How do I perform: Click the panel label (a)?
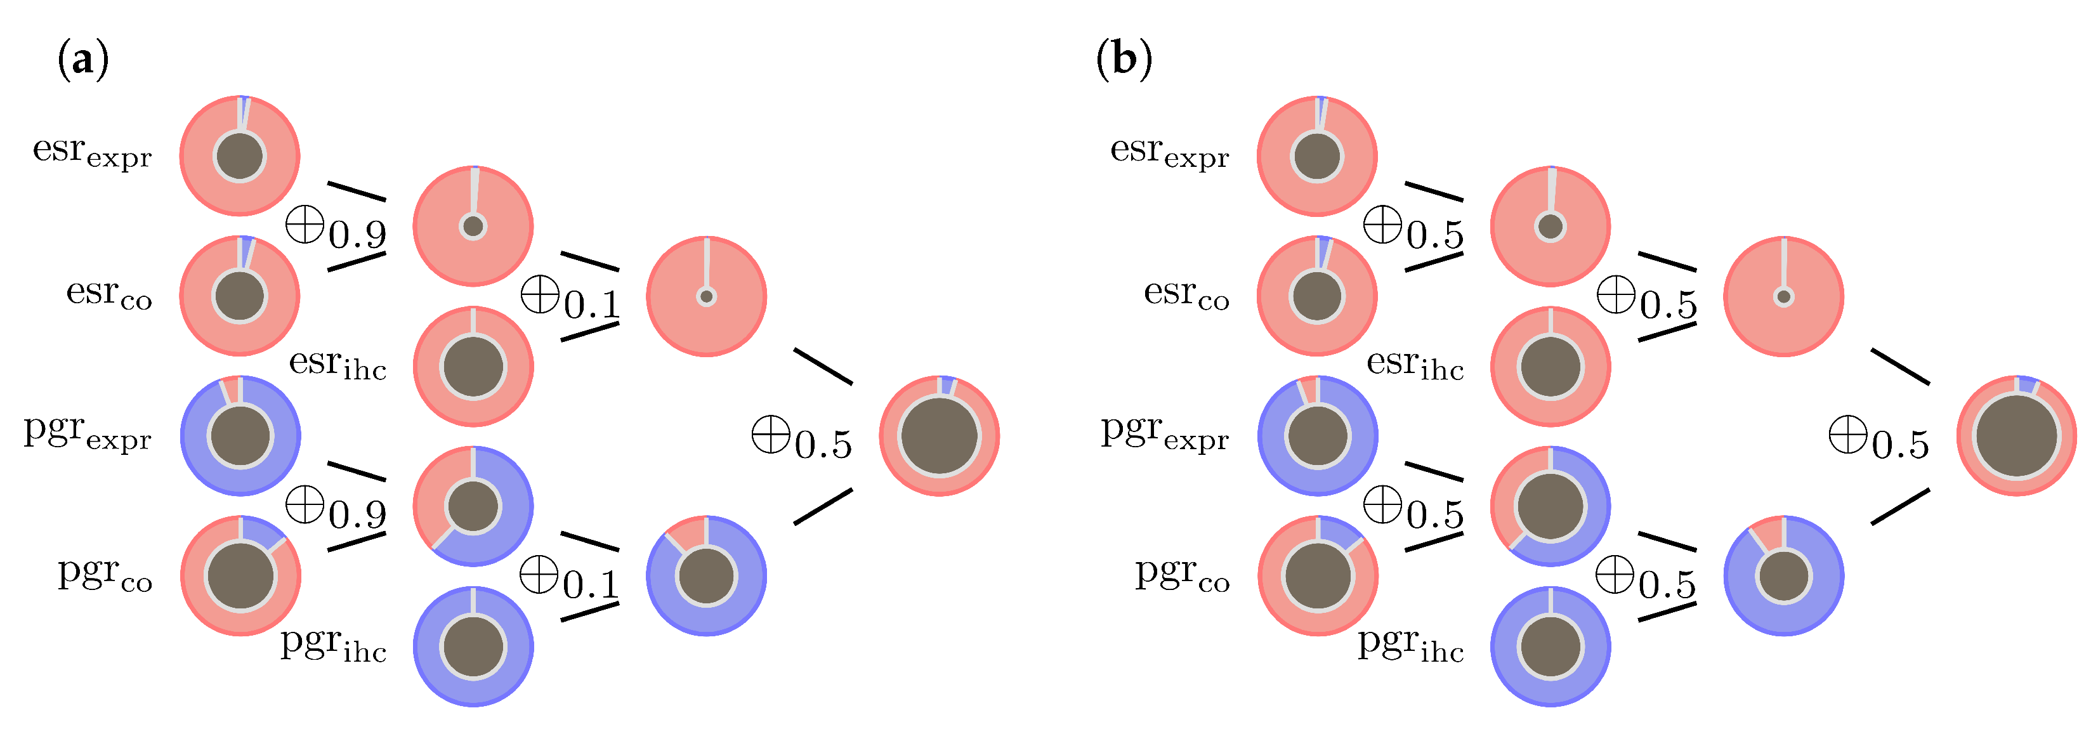pos(82,60)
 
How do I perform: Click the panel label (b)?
pos(1124,60)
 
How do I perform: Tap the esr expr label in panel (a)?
pos(92,152)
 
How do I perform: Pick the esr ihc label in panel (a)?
pos(337,364)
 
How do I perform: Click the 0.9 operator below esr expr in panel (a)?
pos(336,228)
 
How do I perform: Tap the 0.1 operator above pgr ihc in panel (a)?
pos(570,579)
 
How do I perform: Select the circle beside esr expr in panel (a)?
pos(239,155)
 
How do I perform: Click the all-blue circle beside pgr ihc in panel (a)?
pos(473,647)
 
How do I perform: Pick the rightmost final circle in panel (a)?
pos(939,436)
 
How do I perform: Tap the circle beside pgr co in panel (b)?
pos(1318,576)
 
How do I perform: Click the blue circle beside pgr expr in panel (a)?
pos(240,436)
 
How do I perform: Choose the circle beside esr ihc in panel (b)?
pos(1551,367)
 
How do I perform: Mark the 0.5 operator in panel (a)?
pos(803,438)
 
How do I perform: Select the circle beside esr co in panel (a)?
pos(239,296)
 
